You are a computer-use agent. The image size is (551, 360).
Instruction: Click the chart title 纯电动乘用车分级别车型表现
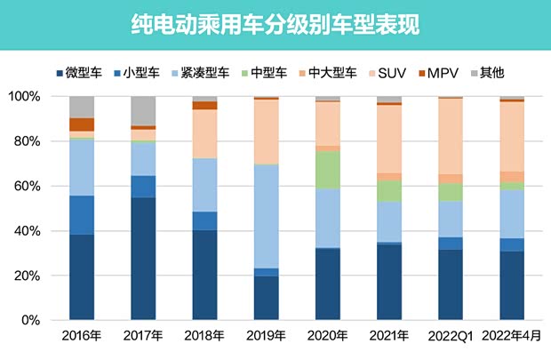[x=275, y=24]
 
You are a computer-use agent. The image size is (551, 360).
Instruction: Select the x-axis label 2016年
[x=82, y=336]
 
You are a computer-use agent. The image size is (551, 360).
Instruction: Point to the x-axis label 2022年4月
[x=511, y=336]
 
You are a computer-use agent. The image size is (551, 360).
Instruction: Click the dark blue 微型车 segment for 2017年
[x=143, y=258]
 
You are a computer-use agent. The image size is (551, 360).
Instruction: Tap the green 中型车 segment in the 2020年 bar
[x=327, y=170]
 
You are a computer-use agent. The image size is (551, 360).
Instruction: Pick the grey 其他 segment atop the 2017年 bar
[x=143, y=110]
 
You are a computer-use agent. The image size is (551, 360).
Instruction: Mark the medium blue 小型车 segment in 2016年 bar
[x=82, y=214]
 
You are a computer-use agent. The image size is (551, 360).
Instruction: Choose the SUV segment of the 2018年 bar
[x=204, y=133]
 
